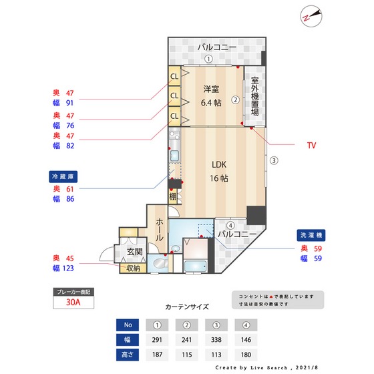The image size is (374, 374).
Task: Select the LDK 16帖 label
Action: pyautogui.click(x=220, y=171)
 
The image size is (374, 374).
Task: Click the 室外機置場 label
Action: pyautogui.click(x=254, y=97)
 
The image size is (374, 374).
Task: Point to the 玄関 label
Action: pyautogui.click(x=134, y=252)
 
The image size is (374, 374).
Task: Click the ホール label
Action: pyautogui.click(x=160, y=228)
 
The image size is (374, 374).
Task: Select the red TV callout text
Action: pyautogui.click(x=311, y=145)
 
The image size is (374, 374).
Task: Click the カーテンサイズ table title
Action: pyautogui.click(x=186, y=307)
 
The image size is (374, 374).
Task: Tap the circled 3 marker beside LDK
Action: pyautogui.click(x=273, y=160)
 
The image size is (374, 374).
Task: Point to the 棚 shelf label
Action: pyautogui.click(x=173, y=196)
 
